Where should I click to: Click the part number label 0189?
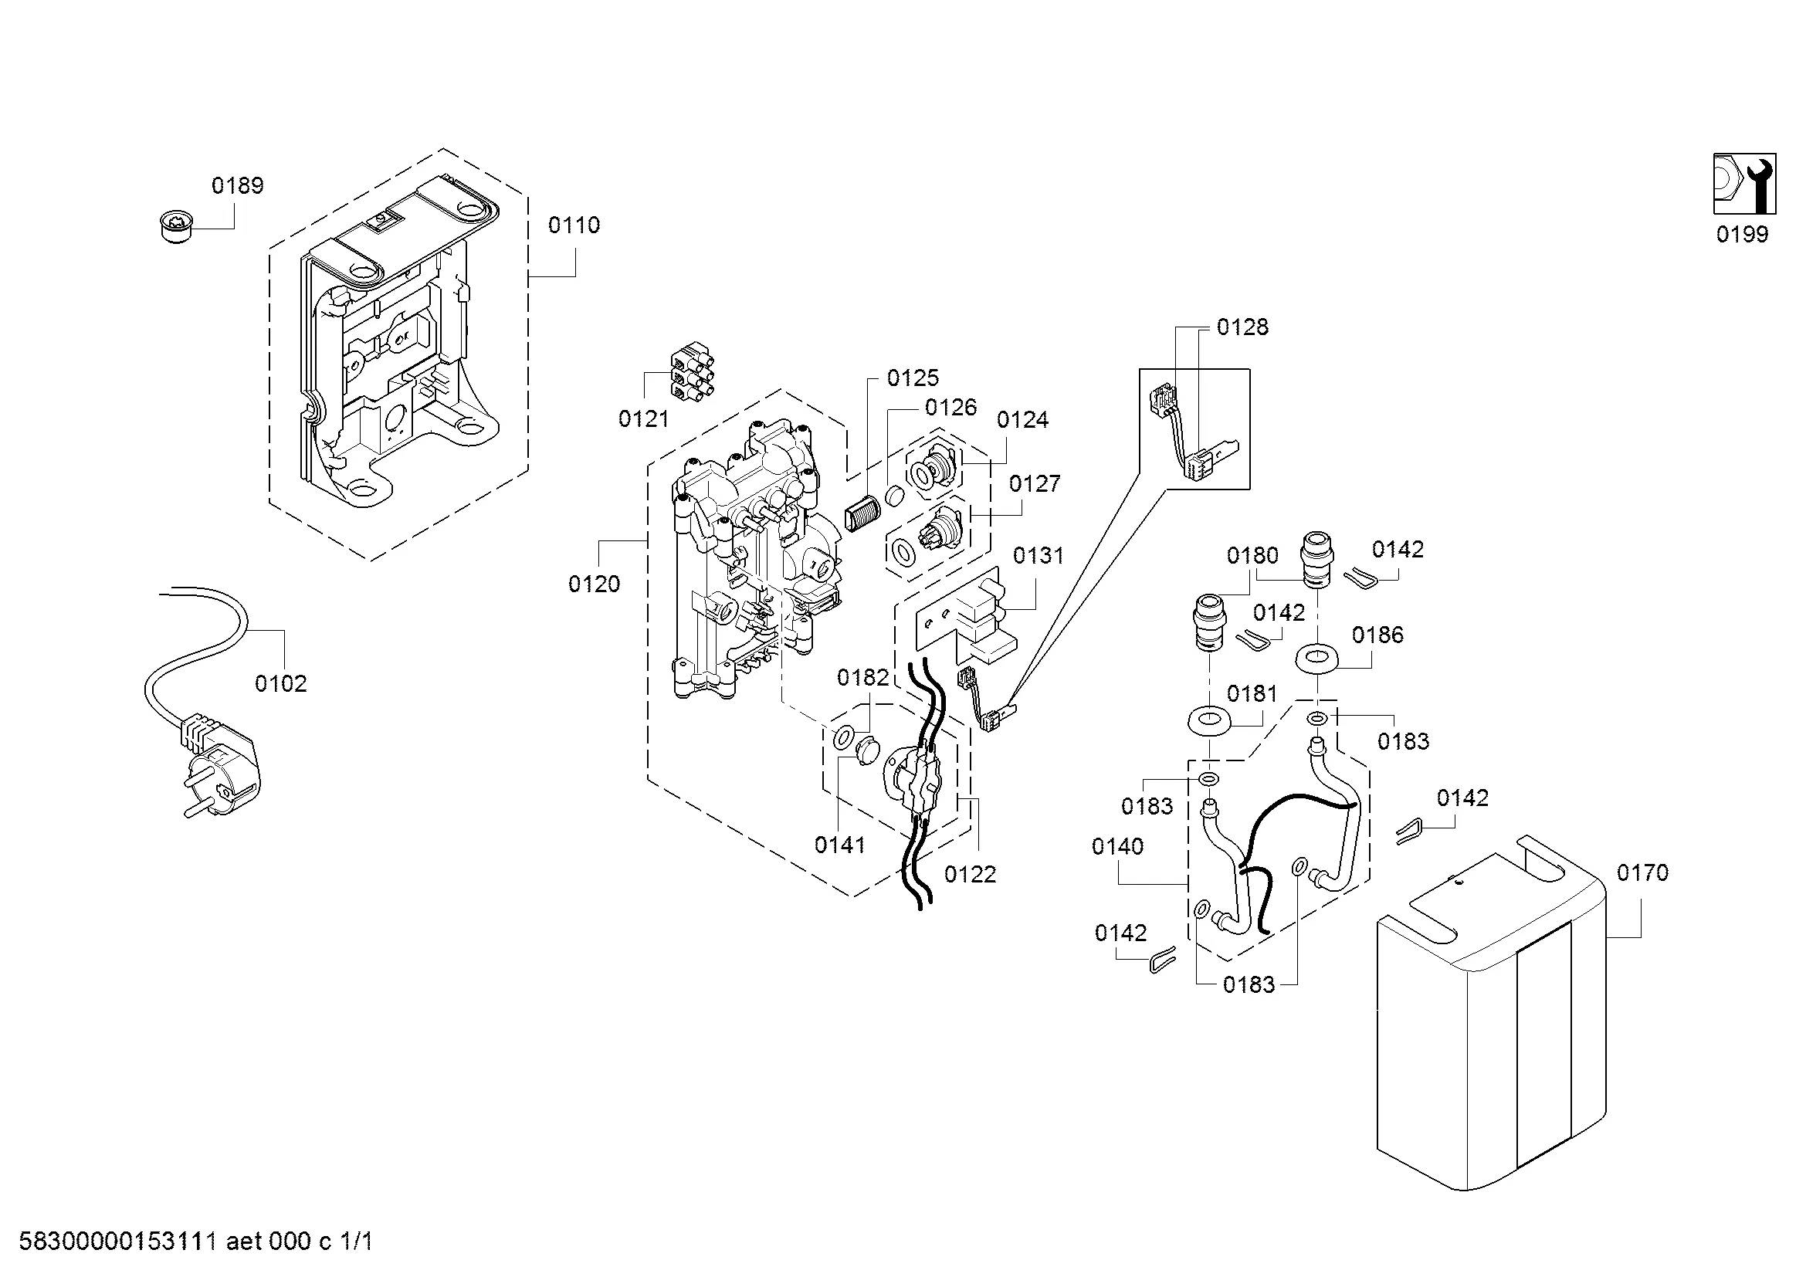pyautogui.click(x=238, y=185)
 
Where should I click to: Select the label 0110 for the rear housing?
pyautogui.click(x=574, y=225)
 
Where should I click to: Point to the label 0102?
pyautogui.click(x=281, y=684)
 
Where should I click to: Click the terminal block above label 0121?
pyautogui.click(x=690, y=375)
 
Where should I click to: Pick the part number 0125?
pyautogui.click(x=913, y=378)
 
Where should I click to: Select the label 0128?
pyautogui.click(x=1243, y=327)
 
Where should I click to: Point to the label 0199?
pyautogui.click(x=1742, y=235)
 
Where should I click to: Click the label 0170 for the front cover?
pyautogui.click(x=1642, y=873)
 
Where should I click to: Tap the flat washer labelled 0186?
pyautogui.click(x=1316, y=659)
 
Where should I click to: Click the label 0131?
pyautogui.click(x=1039, y=556)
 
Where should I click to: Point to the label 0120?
pyautogui.click(x=594, y=584)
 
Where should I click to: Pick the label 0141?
pyautogui.click(x=840, y=845)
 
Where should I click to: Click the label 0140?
pyautogui.click(x=1118, y=847)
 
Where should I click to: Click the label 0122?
pyautogui.click(x=970, y=875)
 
